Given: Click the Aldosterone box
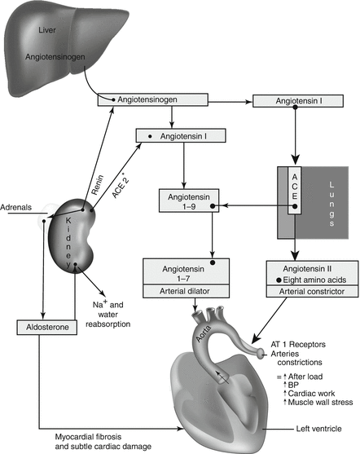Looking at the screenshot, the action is tap(47, 327).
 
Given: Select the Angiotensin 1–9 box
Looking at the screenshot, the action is tap(189, 201).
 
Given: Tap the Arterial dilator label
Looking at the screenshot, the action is tap(185, 291).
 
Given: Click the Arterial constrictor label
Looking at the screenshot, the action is tap(312, 292).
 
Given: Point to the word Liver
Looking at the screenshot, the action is tap(47, 30).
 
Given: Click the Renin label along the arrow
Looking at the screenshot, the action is tap(97, 185).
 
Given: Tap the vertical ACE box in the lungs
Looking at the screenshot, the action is tap(295, 190).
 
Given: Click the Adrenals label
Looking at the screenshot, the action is tap(16, 207).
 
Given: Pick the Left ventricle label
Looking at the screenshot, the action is tap(318, 429).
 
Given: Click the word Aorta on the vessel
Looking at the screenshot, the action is tap(203, 334).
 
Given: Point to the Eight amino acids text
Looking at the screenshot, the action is tap(314, 280).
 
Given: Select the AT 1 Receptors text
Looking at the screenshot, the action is tap(298, 345).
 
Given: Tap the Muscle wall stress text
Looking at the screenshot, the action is tap(320, 402).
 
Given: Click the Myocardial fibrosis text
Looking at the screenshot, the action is tap(88, 437).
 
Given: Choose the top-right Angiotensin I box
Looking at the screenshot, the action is tap(298, 101).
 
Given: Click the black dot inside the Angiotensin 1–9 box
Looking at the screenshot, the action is tap(213, 206).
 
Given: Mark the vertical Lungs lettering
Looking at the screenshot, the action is tap(331, 204).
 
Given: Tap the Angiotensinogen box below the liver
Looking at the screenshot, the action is tap(153, 99).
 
